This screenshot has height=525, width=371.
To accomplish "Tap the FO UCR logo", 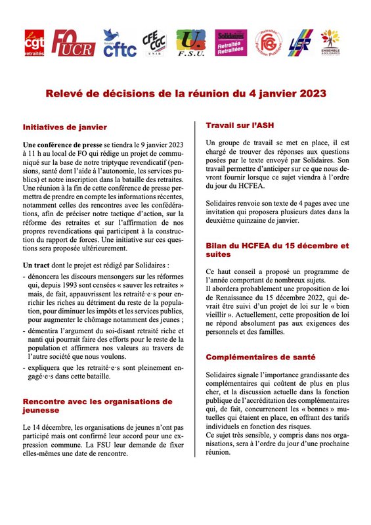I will coord(73,43).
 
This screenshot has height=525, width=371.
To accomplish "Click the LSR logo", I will coord(298,43).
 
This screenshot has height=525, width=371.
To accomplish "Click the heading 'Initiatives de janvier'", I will coord(64,126).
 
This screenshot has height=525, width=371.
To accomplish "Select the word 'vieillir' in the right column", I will coord(219,315).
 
